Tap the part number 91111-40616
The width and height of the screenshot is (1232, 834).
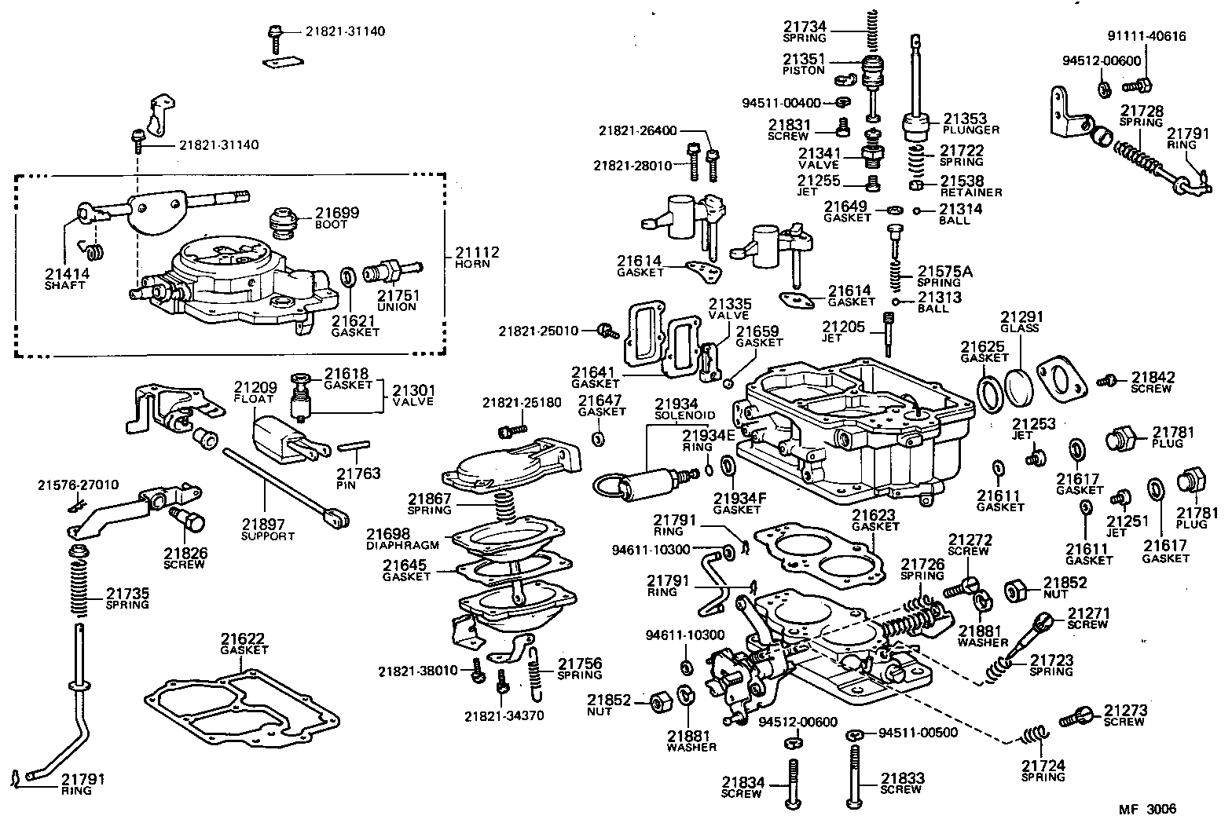click(1146, 36)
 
